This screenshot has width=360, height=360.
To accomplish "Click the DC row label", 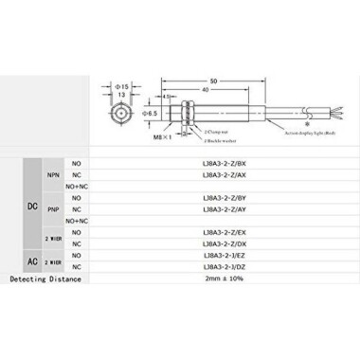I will (31, 204).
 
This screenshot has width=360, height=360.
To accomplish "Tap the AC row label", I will (31, 261).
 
